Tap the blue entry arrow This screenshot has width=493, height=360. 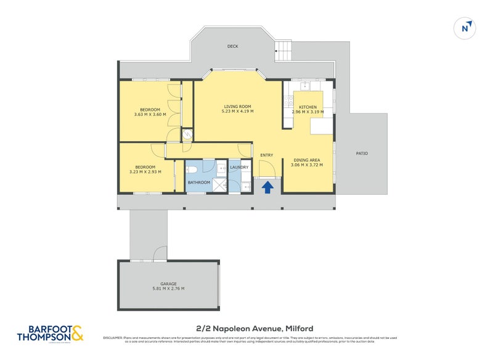[268, 187]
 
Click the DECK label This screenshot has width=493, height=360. [232, 46]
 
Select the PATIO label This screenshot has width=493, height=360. [362, 153]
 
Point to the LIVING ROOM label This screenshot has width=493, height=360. [238, 106]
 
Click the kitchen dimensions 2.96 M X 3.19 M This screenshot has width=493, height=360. [308, 112]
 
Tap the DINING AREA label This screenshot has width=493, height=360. [306, 160]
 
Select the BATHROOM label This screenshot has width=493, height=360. [199, 182]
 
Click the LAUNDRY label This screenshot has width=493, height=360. [239, 167]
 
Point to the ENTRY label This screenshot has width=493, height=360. [267, 155]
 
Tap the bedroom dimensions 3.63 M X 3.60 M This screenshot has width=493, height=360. [150, 114]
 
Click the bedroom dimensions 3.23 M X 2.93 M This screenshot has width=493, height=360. [145, 171]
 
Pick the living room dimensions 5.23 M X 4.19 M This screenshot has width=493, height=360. [238, 112]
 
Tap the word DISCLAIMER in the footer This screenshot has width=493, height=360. [113, 338]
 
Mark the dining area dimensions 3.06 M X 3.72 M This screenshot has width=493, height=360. [306, 166]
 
